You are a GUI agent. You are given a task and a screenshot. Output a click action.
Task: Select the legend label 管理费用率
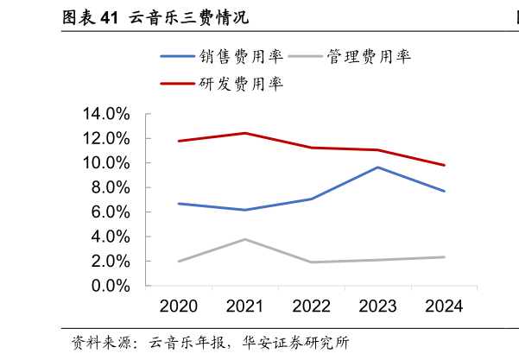tap(369, 57)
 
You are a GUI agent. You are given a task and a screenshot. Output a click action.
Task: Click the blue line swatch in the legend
tap(177, 57)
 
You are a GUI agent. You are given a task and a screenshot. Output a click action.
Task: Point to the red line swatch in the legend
tap(177, 84)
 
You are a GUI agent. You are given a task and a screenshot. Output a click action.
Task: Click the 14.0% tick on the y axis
tap(106, 114)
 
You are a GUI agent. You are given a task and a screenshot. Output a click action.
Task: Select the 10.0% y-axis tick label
tap(106, 163)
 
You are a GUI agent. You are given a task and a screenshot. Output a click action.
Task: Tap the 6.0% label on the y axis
tap(110, 212)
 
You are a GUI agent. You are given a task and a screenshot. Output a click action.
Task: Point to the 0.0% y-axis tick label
tap(110, 286)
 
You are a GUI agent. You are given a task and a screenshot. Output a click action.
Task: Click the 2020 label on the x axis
tap(179, 306)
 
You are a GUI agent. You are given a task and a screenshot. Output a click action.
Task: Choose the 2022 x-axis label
tap(312, 306)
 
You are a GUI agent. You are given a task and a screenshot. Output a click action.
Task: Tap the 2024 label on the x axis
tap(445, 306)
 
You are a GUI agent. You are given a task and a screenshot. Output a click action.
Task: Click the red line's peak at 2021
tap(245, 133)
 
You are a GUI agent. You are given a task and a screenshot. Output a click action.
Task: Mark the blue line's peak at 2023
tap(378, 167)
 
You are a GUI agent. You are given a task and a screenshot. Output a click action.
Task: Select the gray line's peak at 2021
tap(245, 239)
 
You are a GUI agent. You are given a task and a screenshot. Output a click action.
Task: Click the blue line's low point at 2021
tap(245, 210)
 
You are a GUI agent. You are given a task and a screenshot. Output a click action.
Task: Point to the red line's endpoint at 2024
tap(444, 165)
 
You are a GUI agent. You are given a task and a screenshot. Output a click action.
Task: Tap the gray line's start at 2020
tap(179, 261)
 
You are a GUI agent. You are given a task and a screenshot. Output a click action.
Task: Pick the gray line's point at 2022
tap(312, 262)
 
